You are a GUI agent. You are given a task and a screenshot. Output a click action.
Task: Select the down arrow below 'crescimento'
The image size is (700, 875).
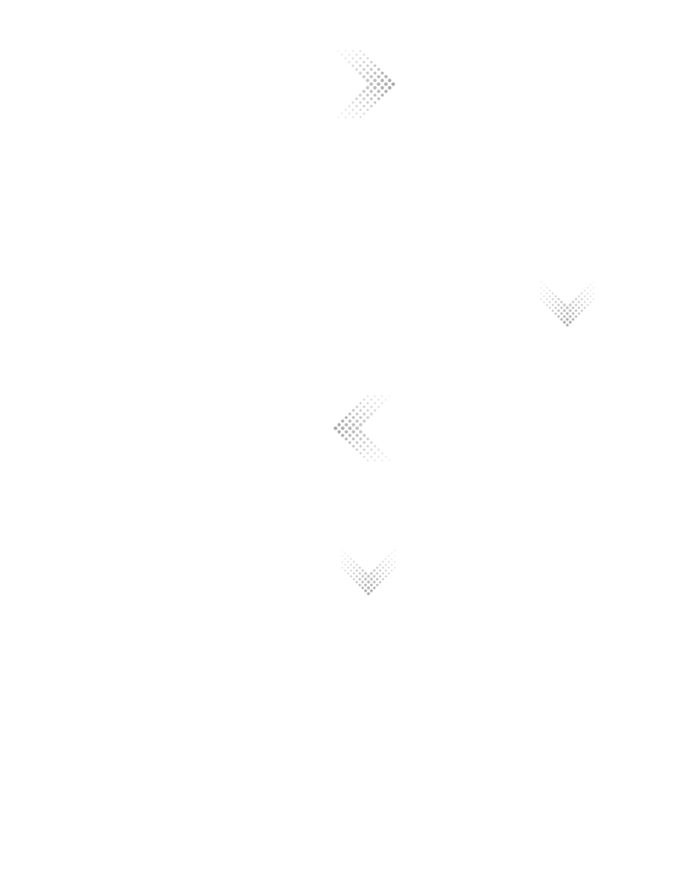[x=567, y=303]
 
